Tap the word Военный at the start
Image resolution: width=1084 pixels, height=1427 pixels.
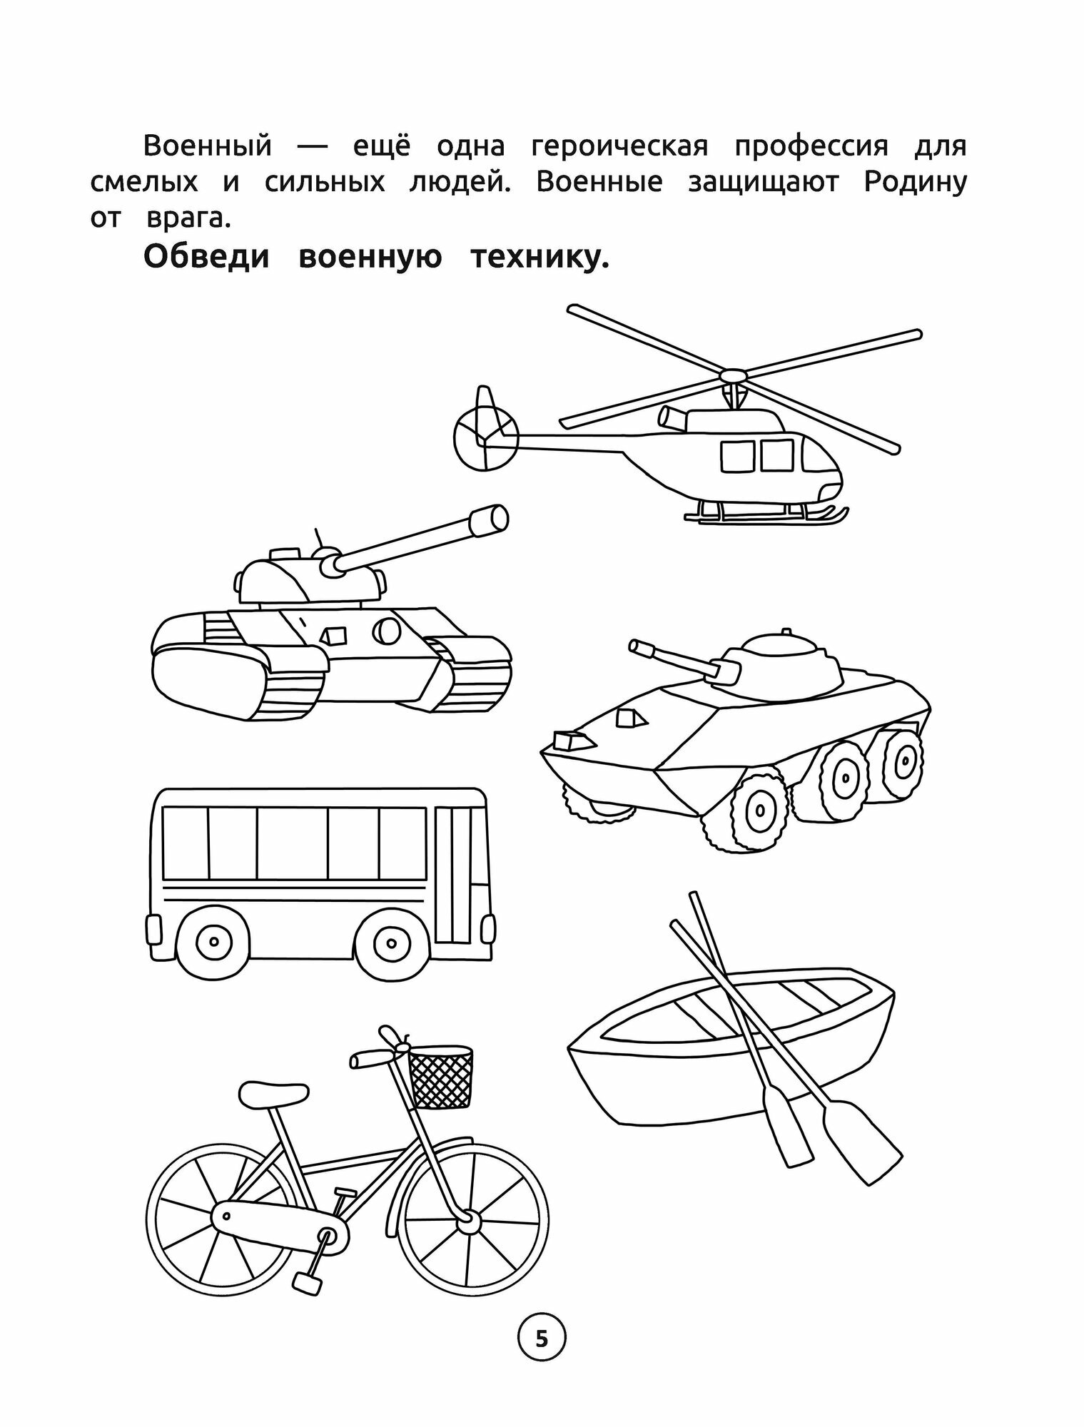pyautogui.click(x=208, y=146)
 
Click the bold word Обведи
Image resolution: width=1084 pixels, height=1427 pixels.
pyautogui.click(x=207, y=257)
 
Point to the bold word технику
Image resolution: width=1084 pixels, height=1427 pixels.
pyautogui.click(x=540, y=257)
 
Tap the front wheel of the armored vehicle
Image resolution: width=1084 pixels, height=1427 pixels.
pyautogui.click(x=758, y=811)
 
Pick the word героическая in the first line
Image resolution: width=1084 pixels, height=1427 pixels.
pyautogui.click(x=619, y=146)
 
